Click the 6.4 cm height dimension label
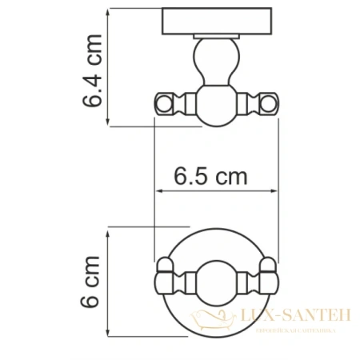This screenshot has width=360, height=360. click(x=94, y=70)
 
